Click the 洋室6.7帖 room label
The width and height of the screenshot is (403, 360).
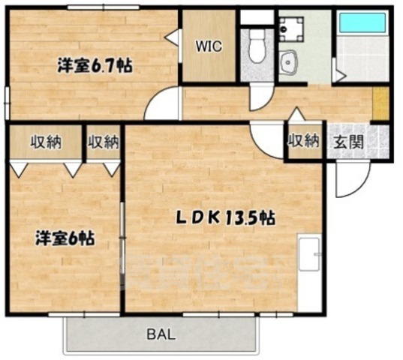click(95, 66)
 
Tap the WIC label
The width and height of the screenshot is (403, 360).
click(209, 46)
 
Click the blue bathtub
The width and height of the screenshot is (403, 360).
click(362, 22)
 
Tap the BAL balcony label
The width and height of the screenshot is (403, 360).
click(161, 333)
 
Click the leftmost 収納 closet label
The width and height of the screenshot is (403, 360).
click(46, 141)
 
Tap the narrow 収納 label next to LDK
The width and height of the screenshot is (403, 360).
click(104, 141)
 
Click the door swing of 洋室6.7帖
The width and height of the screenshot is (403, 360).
click(162, 105)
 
